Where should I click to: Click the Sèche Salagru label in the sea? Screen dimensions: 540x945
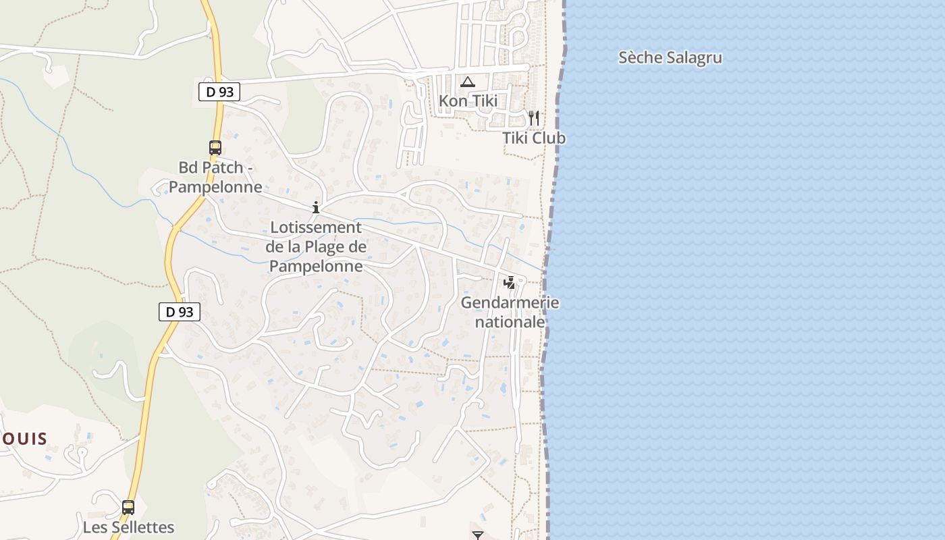pyautogui.click(x=670, y=57)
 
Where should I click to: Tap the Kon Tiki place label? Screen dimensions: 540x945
pyautogui.click(x=468, y=101)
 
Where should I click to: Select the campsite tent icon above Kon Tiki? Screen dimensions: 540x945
pyautogui.click(x=467, y=82)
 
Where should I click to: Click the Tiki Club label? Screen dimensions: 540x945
pyautogui.click(x=533, y=138)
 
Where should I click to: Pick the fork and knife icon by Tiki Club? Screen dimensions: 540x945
pyautogui.click(x=534, y=118)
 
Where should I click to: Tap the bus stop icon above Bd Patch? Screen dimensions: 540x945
pyautogui.click(x=215, y=147)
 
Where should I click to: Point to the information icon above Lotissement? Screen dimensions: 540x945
pyautogui.click(x=315, y=207)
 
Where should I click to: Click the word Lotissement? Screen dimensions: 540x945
pyautogui.click(x=316, y=227)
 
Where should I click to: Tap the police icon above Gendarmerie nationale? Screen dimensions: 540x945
pyautogui.click(x=510, y=282)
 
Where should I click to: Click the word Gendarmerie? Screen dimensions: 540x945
pyautogui.click(x=510, y=302)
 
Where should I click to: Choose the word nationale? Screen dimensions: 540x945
pyautogui.click(x=510, y=322)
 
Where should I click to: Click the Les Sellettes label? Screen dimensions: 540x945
pyautogui.click(x=128, y=527)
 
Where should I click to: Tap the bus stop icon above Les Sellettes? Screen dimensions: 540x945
pyautogui.click(x=128, y=507)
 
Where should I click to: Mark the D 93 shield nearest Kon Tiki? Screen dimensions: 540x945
pyautogui.click(x=219, y=92)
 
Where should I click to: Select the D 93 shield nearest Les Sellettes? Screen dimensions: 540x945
pyautogui.click(x=180, y=311)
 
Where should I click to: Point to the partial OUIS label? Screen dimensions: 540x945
pyautogui.click(x=24, y=439)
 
